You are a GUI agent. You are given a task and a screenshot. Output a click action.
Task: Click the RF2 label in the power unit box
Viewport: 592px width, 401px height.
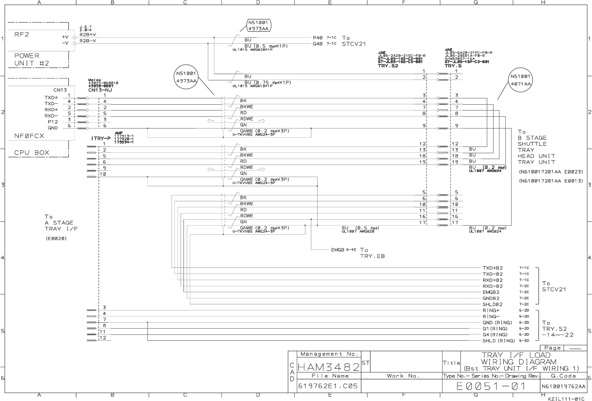click(22, 34)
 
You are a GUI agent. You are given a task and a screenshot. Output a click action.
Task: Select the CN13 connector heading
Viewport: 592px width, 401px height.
click(60, 90)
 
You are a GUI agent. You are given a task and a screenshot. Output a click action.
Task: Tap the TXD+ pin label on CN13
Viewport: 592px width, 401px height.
click(51, 98)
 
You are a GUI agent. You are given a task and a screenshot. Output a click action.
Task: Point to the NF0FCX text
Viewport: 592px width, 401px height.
click(29, 136)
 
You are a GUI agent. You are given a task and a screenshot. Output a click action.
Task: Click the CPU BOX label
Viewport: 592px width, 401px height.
click(32, 153)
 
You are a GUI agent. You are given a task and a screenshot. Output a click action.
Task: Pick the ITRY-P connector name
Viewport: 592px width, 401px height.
click(101, 139)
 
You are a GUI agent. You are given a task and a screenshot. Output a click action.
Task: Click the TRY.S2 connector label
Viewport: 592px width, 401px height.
click(388, 66)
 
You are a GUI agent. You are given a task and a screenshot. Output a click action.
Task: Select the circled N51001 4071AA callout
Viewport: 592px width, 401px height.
click(520, 80)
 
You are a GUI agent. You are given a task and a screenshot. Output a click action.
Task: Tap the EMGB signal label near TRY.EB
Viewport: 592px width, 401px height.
click(337, 250)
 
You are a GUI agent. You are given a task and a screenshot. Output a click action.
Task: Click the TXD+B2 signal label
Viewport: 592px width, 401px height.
click(492, 268)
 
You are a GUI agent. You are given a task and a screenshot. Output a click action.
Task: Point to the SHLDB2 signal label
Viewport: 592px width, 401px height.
click(492, 304)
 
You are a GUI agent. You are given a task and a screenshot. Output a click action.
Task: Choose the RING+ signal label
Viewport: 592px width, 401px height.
click(491, 311)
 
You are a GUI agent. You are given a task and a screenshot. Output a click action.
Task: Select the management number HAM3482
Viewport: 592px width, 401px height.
click(329, 368)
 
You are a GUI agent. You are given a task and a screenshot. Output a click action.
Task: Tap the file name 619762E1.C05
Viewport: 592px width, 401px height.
click(328, 386)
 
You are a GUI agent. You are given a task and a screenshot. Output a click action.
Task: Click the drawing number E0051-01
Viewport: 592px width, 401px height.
click(491, 386)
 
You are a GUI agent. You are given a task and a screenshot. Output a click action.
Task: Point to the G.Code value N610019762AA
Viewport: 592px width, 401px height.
click(563, 386)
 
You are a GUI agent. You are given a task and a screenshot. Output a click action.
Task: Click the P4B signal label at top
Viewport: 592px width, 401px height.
click(318, 38)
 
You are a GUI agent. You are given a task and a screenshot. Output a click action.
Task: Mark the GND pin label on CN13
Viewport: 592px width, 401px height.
click(53, 128)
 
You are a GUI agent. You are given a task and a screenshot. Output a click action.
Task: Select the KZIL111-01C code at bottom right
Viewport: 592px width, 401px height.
click(566, 398)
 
